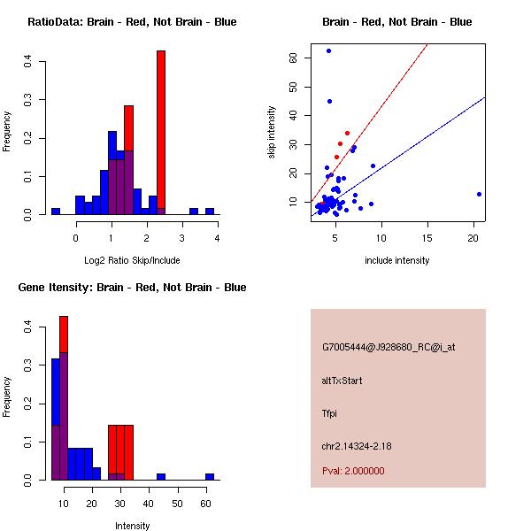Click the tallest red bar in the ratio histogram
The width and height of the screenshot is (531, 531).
click(161, 133)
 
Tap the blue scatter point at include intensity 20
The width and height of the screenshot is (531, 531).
click(479, 194)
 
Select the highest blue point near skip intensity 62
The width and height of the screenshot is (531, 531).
click(328, 51)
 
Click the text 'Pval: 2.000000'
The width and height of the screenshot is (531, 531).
click(353, 471)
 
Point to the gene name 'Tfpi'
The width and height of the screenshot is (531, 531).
click(330, 413)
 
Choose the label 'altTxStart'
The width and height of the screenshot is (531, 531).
click(342, 381)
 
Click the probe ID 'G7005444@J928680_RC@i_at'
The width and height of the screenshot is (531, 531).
click(389, 348)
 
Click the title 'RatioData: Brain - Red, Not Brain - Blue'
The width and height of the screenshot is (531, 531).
click(132, 22)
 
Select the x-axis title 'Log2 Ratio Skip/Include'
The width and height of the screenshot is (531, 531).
click(131, 260)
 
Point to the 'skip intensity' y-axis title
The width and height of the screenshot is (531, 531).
click(273, 133)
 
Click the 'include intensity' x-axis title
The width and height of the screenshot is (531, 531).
click(397, 260)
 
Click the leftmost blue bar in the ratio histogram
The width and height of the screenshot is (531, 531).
click(55, 212)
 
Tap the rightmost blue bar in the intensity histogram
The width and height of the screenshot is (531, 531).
click(210, 476)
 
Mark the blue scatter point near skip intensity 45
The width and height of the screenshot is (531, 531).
click(329, 101)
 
